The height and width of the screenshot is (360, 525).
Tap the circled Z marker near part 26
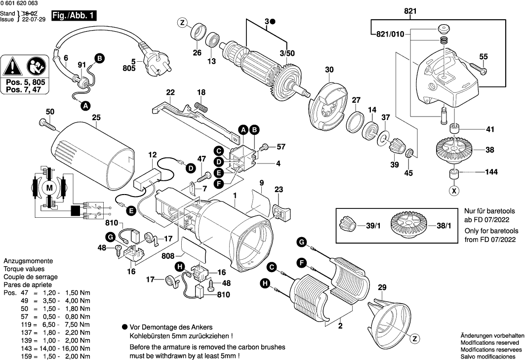pos(182,22)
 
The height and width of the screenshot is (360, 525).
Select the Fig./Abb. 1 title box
pos(74,16)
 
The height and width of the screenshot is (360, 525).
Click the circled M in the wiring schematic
pos(49,188)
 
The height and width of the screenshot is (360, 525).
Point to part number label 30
pos(329,70)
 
